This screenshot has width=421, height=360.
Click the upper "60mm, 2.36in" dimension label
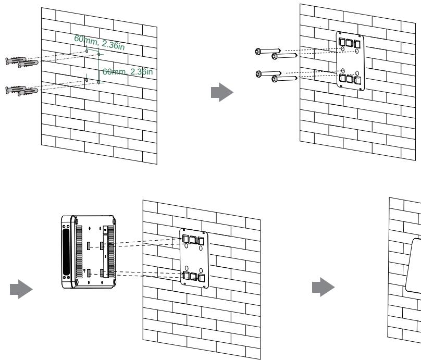coord(100,42)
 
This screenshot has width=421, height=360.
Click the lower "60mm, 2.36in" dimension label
coord(128,71)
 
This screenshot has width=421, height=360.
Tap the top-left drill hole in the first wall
coord(86,51)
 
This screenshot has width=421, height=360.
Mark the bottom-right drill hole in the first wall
coord(98,82)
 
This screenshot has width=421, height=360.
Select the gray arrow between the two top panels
coord(222,92)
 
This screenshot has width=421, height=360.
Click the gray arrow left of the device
coord(21,289)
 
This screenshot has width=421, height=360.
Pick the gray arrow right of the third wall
coord(323,287)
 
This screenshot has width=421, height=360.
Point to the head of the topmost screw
coord(258,51)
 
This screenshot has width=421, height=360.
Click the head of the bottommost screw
coord(274,79)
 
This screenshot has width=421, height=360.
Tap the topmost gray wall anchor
coord(16,60)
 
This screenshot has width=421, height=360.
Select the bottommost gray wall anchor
coord(28,92)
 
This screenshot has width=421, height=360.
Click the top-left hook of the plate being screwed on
coord(342,42)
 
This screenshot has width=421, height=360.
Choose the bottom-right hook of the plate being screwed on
coord(357,80)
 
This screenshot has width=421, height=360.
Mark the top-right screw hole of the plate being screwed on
coord(357,51)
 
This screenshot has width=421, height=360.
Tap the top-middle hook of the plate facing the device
coord(193,240)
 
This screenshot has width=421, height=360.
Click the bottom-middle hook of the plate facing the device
coord(194,276)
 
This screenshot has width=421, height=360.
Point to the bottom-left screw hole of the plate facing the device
coord(187,268)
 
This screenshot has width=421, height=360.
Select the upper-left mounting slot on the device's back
coord(89,245)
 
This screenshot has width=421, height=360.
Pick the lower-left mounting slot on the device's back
coord(89,274)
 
